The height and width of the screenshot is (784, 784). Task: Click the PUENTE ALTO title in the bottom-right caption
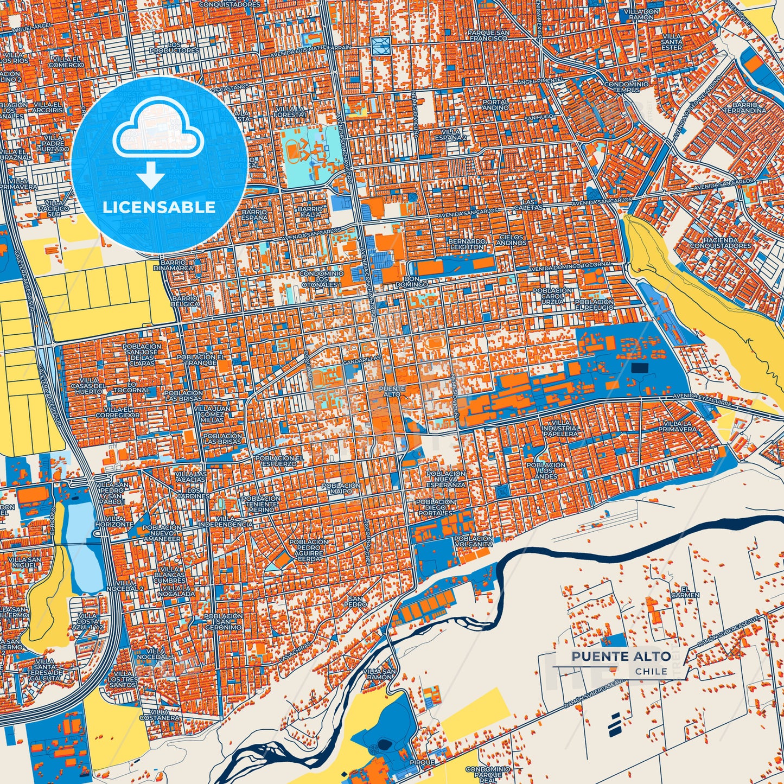(621, 656)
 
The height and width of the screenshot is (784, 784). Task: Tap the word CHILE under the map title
(651, 671)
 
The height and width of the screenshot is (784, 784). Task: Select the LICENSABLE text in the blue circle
(159, 207)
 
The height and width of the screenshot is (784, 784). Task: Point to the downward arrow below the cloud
(151, 175)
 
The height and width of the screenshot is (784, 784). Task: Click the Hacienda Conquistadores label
(720, 243)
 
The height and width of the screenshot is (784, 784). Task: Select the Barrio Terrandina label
(749, 107)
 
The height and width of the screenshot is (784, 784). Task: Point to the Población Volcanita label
(474, 540)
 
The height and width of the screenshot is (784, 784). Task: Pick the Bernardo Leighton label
(466, 244)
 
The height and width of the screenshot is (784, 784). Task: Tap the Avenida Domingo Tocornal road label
(571, 266)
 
